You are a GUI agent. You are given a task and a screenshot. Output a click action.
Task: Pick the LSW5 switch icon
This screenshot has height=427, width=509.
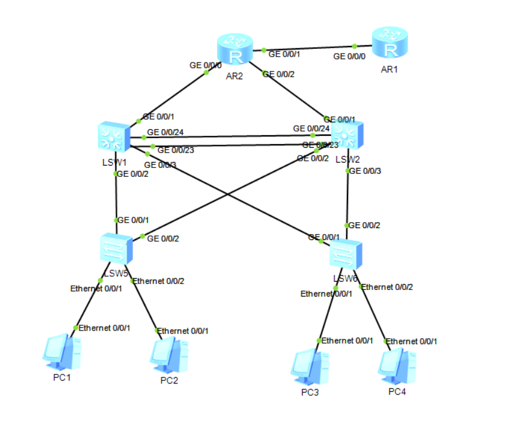(x=116, y=249)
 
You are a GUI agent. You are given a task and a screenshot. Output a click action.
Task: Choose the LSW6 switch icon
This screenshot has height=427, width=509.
(x=346, y=255)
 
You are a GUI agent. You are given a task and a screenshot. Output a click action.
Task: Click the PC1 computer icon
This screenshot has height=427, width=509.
(x=62, y=353)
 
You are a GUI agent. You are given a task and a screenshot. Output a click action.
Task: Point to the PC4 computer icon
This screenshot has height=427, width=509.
(x=396, y=364)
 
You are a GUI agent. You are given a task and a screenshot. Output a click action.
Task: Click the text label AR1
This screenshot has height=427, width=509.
(x=389, y=70)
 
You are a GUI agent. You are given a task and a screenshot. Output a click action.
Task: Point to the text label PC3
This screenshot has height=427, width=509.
(x=310, y=392)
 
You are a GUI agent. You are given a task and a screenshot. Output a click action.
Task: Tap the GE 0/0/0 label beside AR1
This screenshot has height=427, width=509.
(x=349, y=57)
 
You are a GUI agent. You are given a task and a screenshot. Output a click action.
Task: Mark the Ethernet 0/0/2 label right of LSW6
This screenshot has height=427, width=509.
(x=388, y=287)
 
